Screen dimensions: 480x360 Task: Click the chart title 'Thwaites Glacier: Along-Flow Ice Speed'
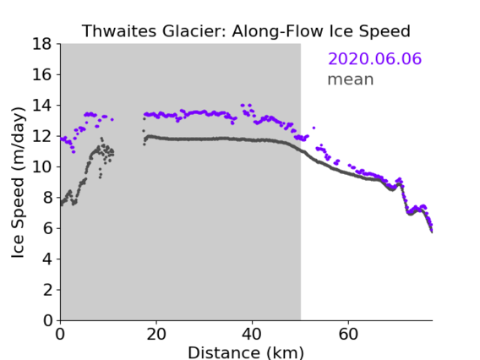click(246, 31)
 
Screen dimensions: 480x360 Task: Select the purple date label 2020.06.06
click(374, 58)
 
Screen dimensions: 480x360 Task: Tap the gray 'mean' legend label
click(351, 79)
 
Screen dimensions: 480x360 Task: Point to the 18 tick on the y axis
click(42, 44)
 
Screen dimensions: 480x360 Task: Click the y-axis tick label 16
click(42, 74)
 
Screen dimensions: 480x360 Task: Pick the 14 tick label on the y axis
click(42, 106)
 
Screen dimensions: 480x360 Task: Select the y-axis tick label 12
click(42, 136)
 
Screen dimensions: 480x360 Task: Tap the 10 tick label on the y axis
click(42, 167)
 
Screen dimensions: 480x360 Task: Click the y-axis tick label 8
click(47, 198)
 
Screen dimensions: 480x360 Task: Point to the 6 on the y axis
click(47, 229)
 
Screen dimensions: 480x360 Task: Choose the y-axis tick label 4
click(47, 259)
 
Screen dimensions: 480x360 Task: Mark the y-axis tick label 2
click(47, 290)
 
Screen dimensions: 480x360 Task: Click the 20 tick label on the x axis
click(156, 335)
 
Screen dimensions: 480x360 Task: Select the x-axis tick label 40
click(252, 335)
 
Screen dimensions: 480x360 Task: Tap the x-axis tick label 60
click(348, 335)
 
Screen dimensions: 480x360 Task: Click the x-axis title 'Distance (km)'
click(246, 353)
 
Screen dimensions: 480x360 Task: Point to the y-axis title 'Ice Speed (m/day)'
click(18, 183)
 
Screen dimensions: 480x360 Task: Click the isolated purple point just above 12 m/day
click(314, 128)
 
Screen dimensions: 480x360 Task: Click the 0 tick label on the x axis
click(60, 335)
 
